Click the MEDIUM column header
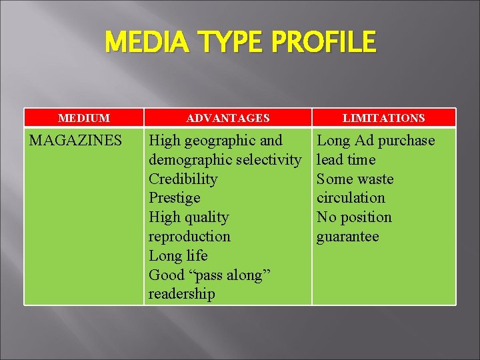coord(84,118)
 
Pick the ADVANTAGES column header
coord(228,118)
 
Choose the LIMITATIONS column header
coord(383,118)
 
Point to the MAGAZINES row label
coord(75,141)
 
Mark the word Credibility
coord(183,179)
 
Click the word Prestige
coord(174,198)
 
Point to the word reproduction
coord(189,237)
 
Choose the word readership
coord(182,294)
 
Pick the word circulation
coord(351,198)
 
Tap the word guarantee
coord(347,237)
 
